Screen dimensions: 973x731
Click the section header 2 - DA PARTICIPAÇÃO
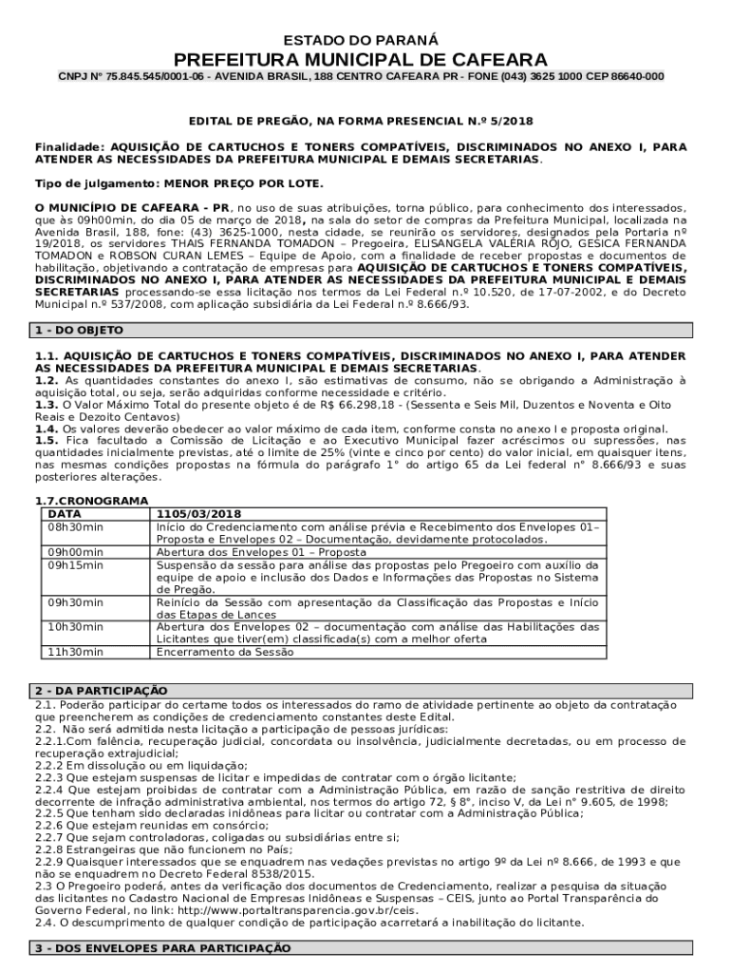click(x=101, y=690)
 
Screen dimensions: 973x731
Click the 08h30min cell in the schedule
click(x=77, y=525)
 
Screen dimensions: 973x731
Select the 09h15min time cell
click(x=77, y=563)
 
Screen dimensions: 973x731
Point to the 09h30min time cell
click(x=77, y=601)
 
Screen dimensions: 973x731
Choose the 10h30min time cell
click(x=77, y=626)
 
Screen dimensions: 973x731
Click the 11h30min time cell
click(x=77, y=652)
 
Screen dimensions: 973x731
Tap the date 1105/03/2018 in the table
click(x=199, y=513)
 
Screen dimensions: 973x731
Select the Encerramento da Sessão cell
click(x=225, y=652)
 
